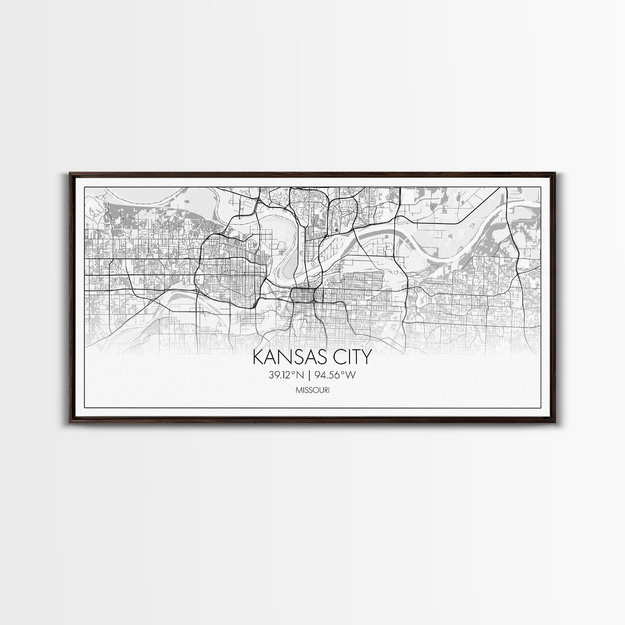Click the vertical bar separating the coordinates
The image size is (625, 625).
(x=311, y=375)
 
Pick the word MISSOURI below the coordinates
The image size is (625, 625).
(x=312, y=391)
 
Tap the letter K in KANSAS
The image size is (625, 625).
(x=257, y=358)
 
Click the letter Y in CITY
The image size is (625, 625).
(x=366, y=358)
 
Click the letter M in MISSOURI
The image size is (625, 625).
(x=298, y=391)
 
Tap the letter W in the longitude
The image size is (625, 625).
(x=351, y=375)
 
